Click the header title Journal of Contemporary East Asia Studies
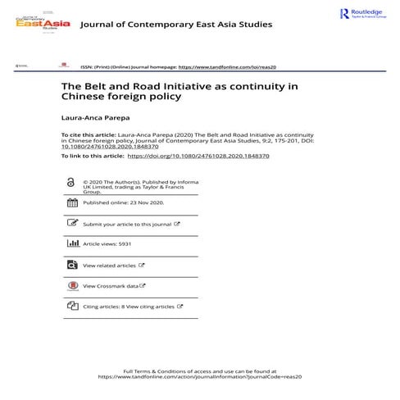[x=176, y=25]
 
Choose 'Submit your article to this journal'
[x=127, y=224]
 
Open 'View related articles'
[x=110, y=266]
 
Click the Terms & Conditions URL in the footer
[x=201, y=377]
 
